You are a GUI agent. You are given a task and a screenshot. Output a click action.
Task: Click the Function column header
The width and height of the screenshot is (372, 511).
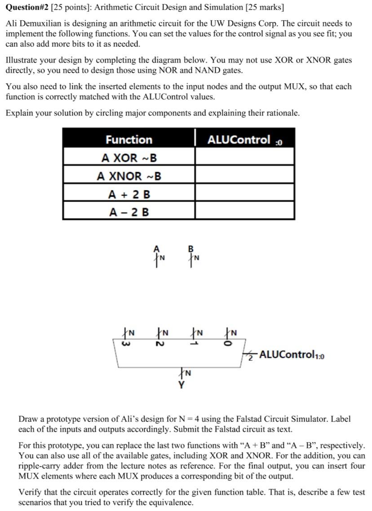click(129, 139)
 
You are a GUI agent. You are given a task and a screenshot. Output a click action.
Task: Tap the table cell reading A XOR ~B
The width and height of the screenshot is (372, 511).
click(129, 158)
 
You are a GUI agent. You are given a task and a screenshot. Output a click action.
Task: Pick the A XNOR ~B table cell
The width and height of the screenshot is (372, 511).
click(129, 176)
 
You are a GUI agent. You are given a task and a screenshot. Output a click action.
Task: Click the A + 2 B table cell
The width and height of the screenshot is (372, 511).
click(129, 194)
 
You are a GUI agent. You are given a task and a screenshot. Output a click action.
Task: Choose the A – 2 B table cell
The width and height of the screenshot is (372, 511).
click(129, 211)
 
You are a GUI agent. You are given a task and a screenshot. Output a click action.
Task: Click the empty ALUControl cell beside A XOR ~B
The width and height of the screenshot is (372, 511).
click(245, 158)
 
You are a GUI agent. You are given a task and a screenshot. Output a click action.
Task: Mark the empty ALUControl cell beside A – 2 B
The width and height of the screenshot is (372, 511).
click(245, 211)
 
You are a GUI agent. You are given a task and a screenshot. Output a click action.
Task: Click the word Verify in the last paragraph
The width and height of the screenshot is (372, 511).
click(30, 493)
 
